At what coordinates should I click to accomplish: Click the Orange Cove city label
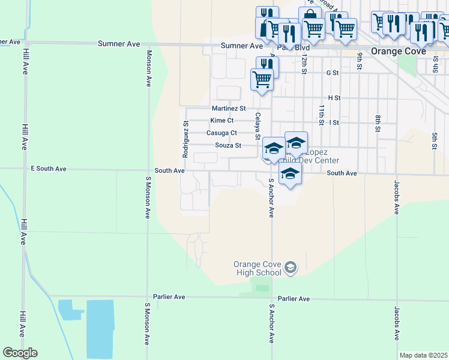coord(399,51)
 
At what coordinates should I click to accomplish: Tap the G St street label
coord(333,73)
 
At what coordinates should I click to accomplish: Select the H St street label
coord(334,98)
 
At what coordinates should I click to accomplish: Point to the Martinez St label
coord(229,109)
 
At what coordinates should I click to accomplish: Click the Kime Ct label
coord(221,121)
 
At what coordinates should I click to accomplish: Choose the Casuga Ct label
coord(221,133)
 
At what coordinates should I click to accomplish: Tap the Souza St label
coord(228,145)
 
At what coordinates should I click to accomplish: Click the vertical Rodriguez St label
coord(186,139)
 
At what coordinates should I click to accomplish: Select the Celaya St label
coord(258,126)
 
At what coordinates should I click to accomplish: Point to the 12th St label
coord(304,61)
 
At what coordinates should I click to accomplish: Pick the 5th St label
coord(433,140)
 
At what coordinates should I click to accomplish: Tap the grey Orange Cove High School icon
coord(291,268)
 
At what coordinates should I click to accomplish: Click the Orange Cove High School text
coord(258,268)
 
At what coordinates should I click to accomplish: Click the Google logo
coord(20,353)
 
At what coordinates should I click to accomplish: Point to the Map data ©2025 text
coord(423,355)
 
